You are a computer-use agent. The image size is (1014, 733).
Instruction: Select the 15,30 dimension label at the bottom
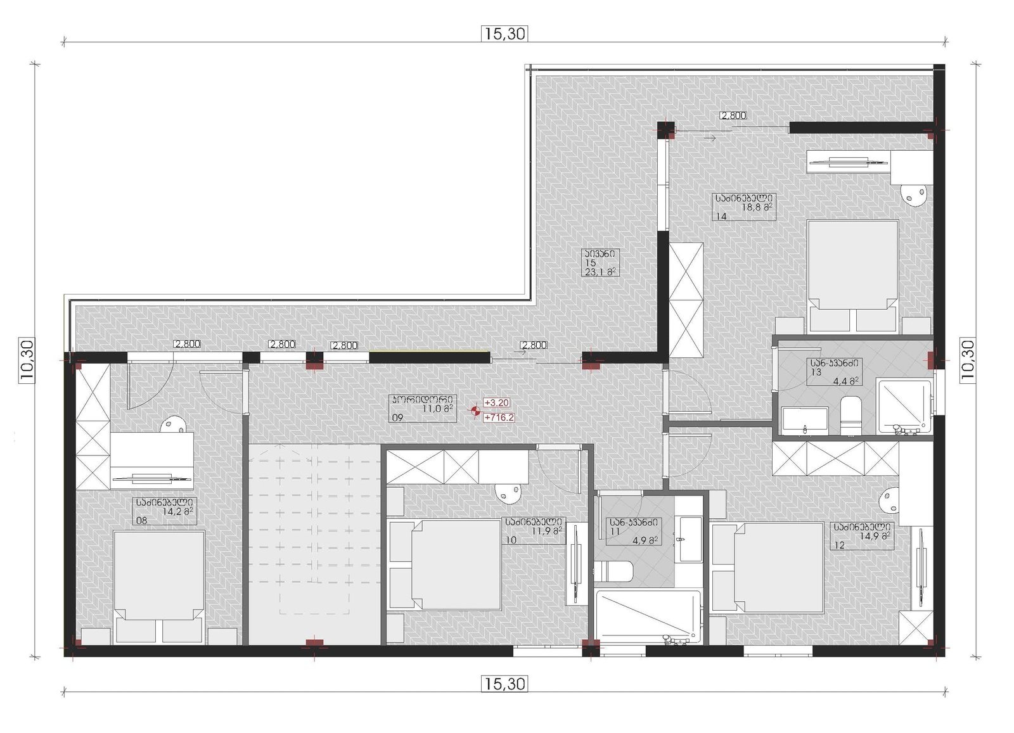coord(504,684)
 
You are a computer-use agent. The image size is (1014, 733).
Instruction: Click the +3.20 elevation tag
coord(497,403)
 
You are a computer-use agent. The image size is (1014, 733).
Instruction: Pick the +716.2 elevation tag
coord(499,417)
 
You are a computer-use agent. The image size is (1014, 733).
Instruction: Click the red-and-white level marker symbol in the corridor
coord(475,411)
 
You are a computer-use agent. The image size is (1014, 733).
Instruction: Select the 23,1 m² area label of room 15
coord(601,272)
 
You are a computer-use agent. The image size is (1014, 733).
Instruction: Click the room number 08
coord(142,520)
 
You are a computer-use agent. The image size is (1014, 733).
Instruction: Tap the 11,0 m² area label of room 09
coord(438,409)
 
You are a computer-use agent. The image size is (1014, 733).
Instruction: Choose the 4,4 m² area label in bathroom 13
coord(845,381)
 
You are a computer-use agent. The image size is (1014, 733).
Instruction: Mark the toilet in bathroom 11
coord(613,572)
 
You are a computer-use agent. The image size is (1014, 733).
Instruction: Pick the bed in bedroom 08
coord(158,587)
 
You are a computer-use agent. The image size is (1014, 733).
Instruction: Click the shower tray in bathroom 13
coord(904,407)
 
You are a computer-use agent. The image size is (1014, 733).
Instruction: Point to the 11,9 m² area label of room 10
coord(547,530)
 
